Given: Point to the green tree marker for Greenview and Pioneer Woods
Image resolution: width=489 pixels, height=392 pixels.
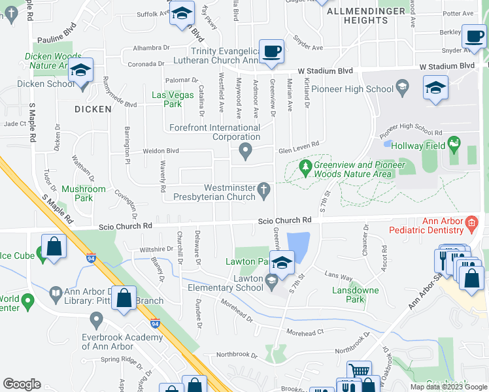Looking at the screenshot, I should coord(305,167).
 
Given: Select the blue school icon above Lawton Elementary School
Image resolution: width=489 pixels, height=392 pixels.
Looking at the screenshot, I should coord(282,263).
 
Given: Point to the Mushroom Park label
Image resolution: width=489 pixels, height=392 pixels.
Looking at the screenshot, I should coord(83,193).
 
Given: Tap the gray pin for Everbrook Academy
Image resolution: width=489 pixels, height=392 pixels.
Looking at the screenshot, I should coord(97,320).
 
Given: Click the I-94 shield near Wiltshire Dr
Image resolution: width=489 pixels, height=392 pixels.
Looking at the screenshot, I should coord(91,259).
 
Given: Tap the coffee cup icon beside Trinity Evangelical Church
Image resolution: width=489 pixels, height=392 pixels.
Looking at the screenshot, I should coord(271,51).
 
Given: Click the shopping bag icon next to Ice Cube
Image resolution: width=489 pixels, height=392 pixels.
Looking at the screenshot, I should coord(54,248).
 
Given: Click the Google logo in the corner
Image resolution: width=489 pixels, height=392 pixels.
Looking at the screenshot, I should coord(22,384).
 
